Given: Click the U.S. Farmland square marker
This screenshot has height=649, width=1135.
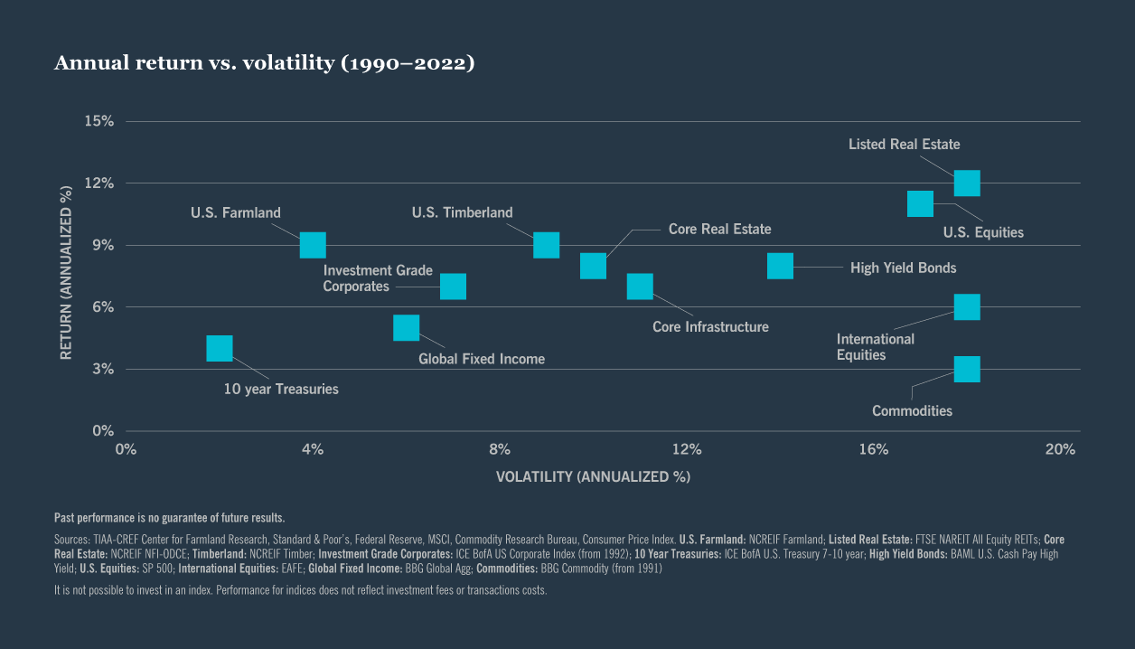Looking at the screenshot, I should point(313,245).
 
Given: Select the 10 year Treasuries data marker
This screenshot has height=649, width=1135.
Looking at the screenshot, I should point(220,348).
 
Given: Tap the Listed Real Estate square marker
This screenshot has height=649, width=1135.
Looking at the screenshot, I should point(967,183).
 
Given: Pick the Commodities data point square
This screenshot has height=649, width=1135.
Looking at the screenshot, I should point(967,369).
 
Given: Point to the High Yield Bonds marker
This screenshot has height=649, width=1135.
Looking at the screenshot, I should point(780,266).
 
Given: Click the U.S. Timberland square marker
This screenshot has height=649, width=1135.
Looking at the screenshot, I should point(546,245).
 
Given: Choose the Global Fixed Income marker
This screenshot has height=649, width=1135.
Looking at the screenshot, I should point(407,327).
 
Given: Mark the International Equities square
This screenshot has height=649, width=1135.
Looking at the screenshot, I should point(967,307).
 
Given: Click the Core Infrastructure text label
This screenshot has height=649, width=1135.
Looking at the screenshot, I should point(710,327).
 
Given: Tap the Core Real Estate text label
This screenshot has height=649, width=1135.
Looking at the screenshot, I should point(719,230).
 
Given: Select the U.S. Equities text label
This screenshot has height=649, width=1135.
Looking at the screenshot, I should point(983,232).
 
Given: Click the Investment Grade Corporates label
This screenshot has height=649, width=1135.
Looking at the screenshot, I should point(378,278).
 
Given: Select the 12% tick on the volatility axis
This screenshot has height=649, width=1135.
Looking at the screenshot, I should point(687,449).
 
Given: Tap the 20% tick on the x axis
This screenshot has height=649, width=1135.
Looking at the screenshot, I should point(1060,449).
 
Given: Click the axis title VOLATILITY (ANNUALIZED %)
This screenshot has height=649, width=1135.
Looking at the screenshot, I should point(593,476).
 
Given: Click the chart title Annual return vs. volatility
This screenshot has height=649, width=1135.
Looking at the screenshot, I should point(264,63).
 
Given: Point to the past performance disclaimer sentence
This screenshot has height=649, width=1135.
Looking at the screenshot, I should point(170,518).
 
